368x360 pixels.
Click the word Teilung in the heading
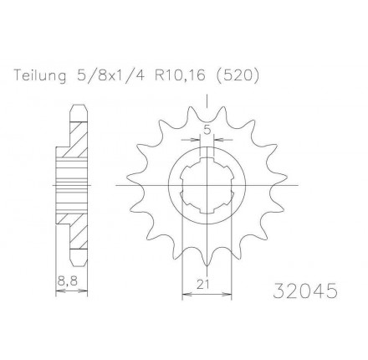[x=39, y=75]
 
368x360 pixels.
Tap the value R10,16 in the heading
[x=181, y=75]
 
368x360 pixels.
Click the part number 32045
[x=305, y=293]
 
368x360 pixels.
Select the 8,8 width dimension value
[x=65, y=285]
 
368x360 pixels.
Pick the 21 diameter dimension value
[x=206, y=285]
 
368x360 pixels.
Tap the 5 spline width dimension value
[x=207, y=130]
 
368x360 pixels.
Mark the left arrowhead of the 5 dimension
[x=199, y=140]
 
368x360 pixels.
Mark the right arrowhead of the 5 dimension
[x=214, y=140]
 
